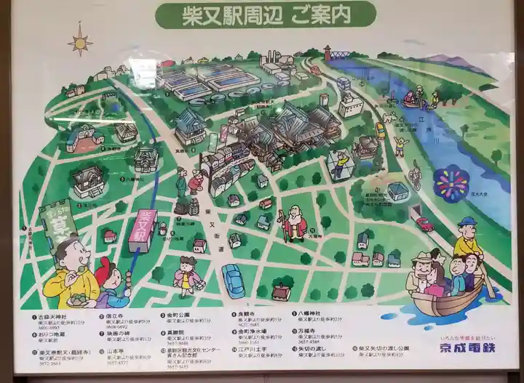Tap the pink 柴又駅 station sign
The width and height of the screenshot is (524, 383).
[144, 230]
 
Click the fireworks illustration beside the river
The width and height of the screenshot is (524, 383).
[451, 183]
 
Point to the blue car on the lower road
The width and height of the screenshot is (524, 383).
[233, 280]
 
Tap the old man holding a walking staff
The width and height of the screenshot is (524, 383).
[294, 224]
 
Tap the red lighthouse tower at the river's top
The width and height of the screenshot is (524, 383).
[327, 52]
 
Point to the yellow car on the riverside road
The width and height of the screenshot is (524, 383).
[380, 130]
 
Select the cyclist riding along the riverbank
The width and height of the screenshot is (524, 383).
[415, 174]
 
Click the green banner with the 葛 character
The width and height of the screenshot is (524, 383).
[58, 222]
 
